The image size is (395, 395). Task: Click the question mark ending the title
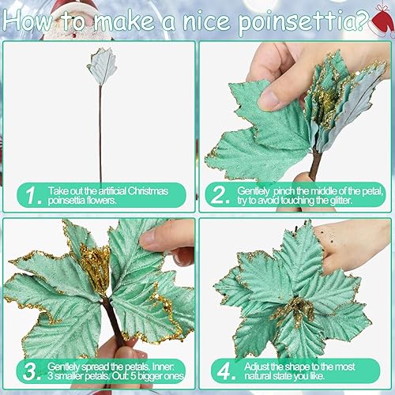pyautogui.click(x=360, y=18)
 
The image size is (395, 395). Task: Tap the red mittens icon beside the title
pyautogui.click(x=381, y=20)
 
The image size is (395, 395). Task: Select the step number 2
pyautogui.click(x=218, y=195)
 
